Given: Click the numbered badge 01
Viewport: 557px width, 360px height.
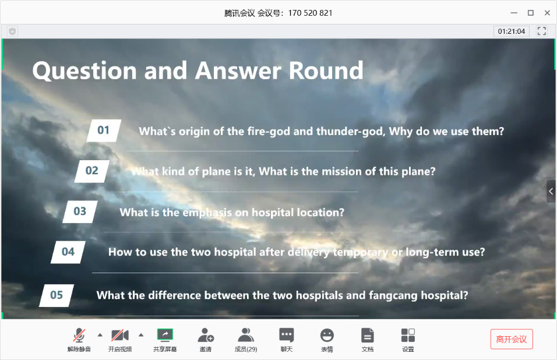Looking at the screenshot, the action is click(104, 130).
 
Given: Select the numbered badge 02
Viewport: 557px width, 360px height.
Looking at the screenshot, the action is click(92, 171).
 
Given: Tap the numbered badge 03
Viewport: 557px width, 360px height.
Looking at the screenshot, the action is click(80, 211).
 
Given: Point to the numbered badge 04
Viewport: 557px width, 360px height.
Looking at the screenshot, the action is click(68, 252).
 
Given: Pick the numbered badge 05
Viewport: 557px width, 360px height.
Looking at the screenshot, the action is click(57, 295).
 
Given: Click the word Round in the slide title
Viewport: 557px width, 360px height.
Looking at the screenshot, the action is click(326, 70).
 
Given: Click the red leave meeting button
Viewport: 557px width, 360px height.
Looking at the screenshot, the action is click(512, 339).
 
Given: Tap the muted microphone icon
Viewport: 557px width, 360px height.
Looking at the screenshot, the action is click(79, 335).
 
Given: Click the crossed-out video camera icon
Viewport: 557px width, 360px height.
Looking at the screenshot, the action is click(120, 335).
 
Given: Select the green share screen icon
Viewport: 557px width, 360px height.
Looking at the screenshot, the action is click(165, 335).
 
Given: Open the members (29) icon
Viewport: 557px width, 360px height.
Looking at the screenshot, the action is click(246, 335).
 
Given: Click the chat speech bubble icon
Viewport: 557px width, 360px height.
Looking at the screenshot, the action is click(287, 335).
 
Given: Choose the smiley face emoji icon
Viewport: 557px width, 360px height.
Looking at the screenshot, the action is click(327, 335).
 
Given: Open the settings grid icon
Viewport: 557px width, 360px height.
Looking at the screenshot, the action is click(408, 335).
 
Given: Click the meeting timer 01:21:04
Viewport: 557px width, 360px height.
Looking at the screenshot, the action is click(512, 31).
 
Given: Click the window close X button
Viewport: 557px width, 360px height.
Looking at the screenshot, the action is click(548, 13).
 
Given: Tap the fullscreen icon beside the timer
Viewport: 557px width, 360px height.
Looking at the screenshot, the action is click(542, 31).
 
